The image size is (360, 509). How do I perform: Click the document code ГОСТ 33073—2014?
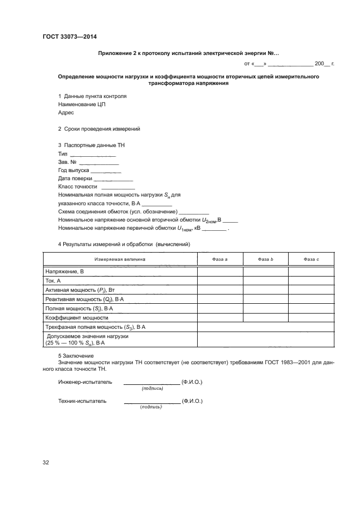coord(69,37)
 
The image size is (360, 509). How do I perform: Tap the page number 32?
coord(46,463)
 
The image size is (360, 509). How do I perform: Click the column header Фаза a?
coord(219,260)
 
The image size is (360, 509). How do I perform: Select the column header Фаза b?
coord(265,260)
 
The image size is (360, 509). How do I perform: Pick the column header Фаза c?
coord(310,260)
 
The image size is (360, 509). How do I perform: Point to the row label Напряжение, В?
coord(64,271)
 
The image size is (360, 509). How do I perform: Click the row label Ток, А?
coord(53,280)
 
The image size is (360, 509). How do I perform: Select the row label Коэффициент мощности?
coord(77,317)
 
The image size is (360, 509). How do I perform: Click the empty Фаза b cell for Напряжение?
coord(265,271)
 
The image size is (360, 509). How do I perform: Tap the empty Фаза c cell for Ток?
coord(310,280)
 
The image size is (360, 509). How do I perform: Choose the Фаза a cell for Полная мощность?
coord(219,308)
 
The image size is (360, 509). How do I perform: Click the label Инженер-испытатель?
coord(85,382)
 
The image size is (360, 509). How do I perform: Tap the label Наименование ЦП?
coord(81,105)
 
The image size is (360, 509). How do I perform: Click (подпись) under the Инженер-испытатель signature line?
coord(152,389)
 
